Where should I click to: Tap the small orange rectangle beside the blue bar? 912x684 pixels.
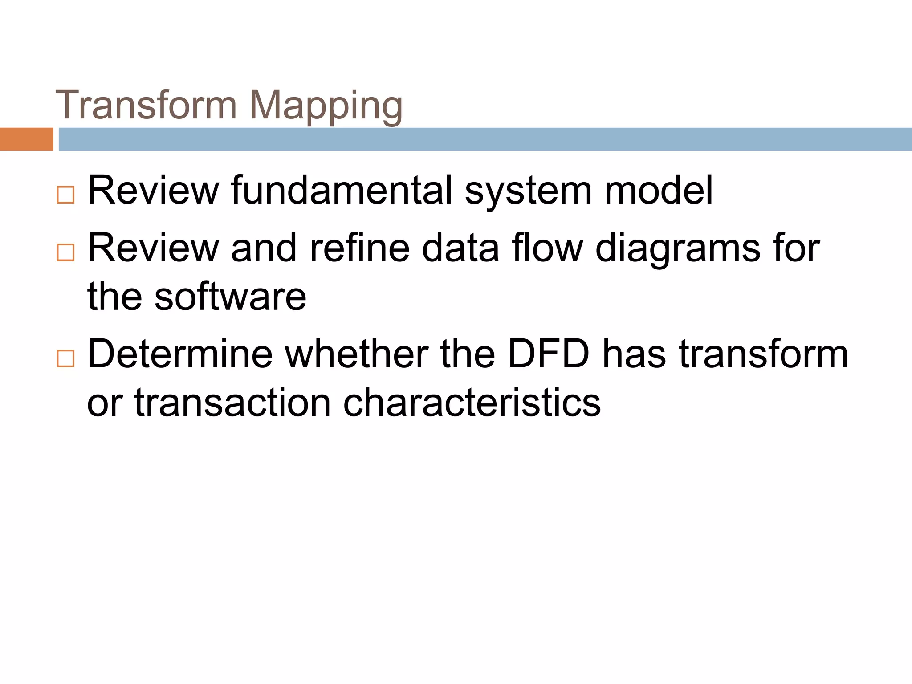click(26, 139)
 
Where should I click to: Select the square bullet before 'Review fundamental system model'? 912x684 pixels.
click(65, 195)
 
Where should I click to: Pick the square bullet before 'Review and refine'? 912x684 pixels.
click(65, 252)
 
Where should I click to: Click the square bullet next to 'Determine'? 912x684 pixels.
click(65, 358)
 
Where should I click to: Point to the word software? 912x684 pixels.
click(230, 297)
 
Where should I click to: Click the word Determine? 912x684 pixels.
click(180, 354)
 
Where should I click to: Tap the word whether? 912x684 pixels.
click(356, 354)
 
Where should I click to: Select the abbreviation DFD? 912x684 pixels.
click(548, 354)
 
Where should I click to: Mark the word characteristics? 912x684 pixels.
click(472, 403)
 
